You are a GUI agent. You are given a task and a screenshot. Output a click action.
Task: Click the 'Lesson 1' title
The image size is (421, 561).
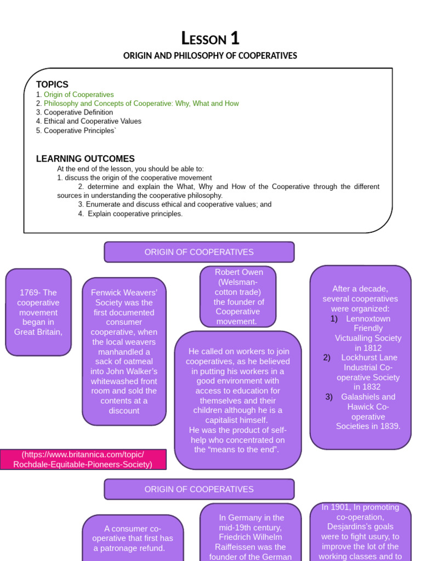click(210, 39)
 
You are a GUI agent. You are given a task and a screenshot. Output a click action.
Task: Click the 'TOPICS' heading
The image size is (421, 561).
click(52, 84)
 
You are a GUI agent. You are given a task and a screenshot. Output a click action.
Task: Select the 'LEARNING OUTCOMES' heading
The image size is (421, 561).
click(85, 159)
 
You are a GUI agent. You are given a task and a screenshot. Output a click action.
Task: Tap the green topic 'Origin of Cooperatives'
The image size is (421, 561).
click(79, 95)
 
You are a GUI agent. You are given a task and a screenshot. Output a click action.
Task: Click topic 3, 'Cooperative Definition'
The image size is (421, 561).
click(78, 112)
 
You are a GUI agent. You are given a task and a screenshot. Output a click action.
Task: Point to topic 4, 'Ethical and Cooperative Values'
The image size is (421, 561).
click(92, 121)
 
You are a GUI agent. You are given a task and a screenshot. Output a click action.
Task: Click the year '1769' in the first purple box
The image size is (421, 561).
click(29, 293)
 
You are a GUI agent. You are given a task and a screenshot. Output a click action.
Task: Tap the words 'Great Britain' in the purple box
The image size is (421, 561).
click(38, 332)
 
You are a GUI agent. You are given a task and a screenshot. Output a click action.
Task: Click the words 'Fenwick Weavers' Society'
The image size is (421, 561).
click(124, 297)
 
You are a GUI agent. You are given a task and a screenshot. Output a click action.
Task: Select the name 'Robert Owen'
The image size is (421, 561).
click(238, 272)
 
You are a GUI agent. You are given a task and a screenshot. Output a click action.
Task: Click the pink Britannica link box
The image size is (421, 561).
click(83, 460)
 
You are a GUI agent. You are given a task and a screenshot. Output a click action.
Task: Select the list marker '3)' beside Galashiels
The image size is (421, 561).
click(329, 397)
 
